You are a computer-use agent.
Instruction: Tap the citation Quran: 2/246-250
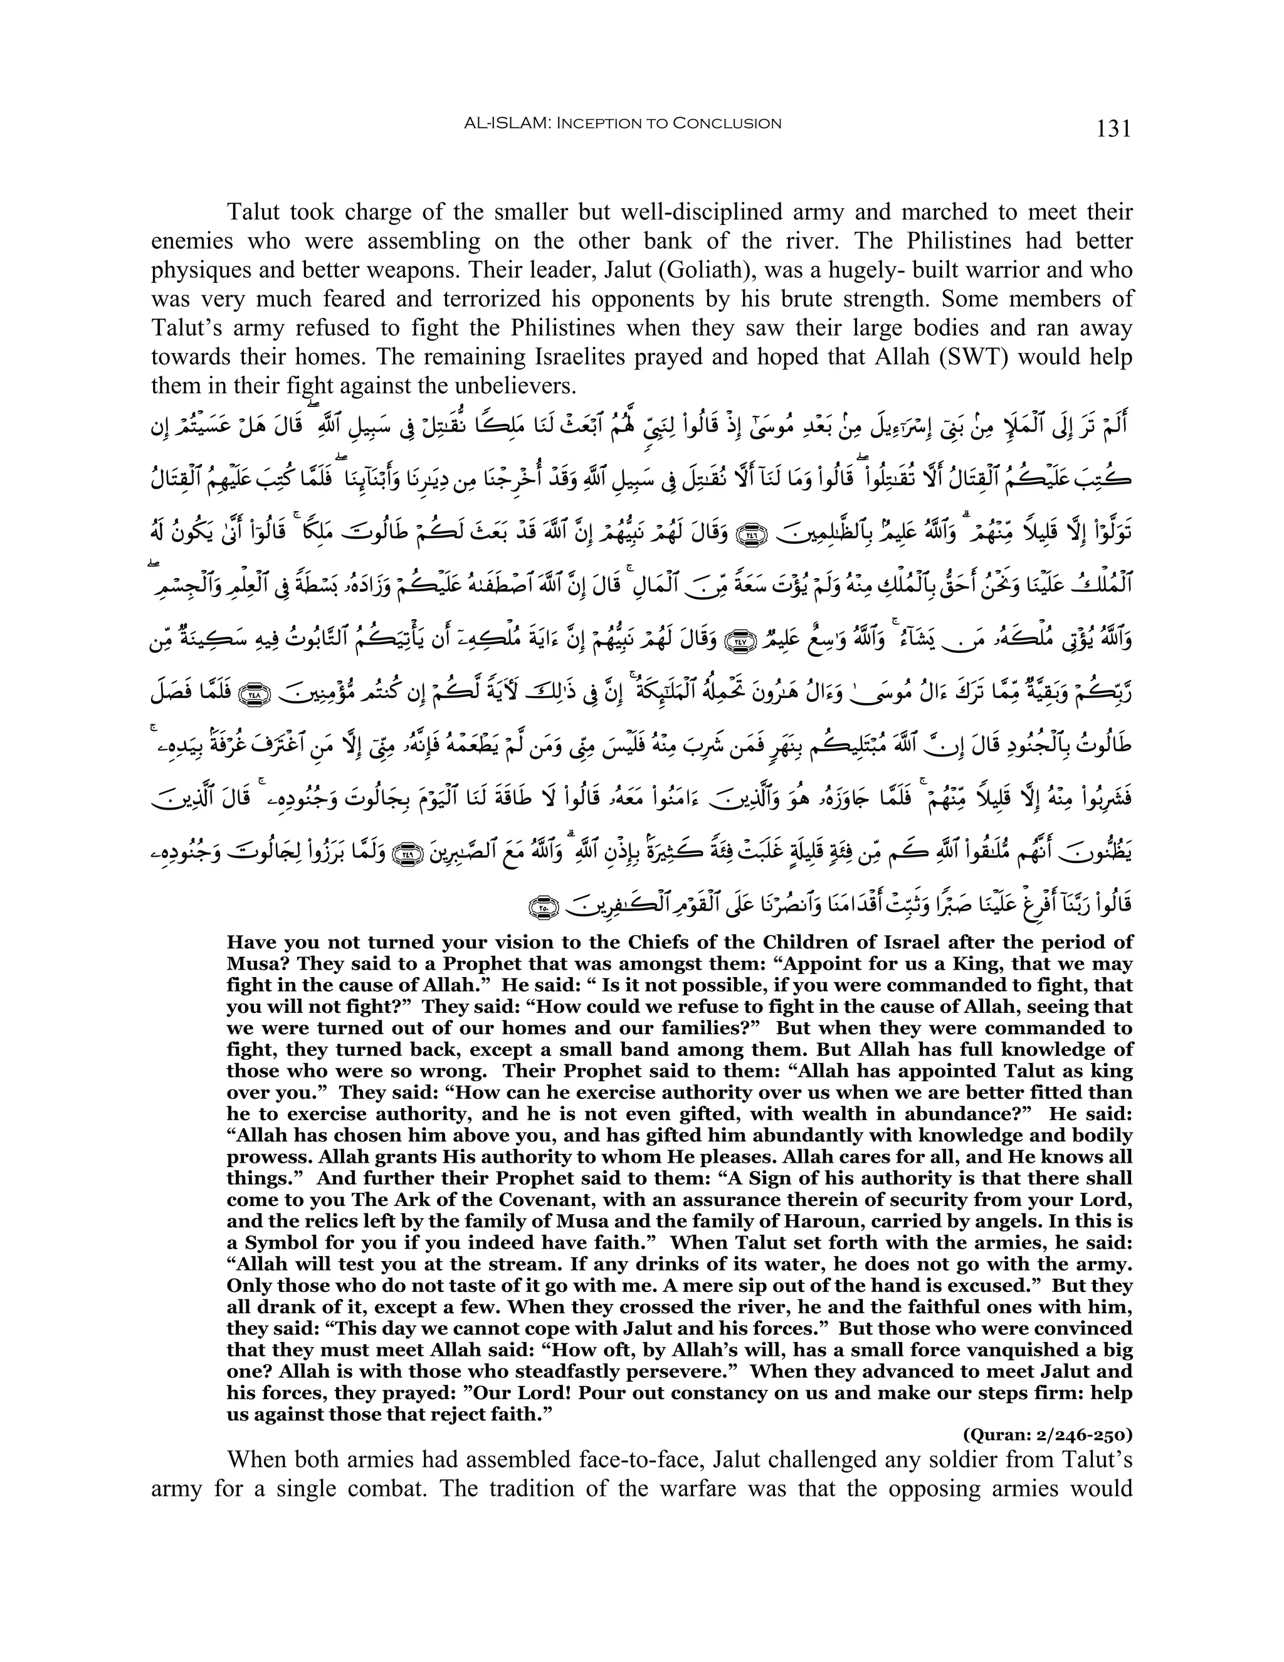click(1048, 1436)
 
